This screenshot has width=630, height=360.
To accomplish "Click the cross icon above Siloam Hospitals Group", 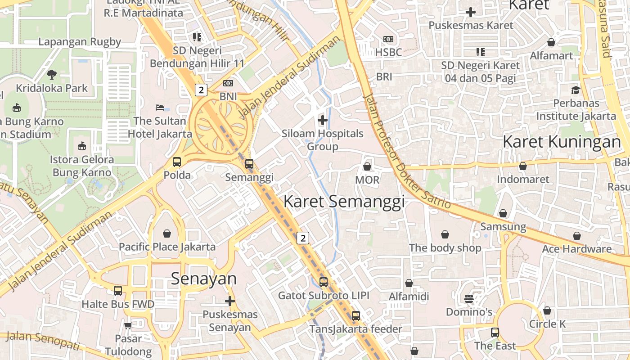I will click(323, 120).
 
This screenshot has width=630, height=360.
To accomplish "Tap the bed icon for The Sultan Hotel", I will click(160, 107).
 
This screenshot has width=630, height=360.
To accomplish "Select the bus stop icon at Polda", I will click(177, 162).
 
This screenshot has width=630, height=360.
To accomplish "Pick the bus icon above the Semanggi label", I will click(249, 163).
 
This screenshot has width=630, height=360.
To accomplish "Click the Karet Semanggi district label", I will click(344, 201).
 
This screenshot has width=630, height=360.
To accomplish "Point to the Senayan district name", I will click(203, 279).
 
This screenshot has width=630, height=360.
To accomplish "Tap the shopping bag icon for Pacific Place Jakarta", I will click(167, 233).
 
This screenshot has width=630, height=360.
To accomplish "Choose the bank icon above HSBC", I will click(388, 40).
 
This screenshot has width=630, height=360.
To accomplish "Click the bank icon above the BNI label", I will click(228, 83).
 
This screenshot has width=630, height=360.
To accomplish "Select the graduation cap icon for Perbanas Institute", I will click(576, 90).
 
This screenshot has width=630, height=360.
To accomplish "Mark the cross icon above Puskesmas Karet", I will click(471, 12).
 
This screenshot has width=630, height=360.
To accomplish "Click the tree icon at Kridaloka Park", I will click(52, 74).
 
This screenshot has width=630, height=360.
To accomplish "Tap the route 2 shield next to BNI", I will click(201, 90).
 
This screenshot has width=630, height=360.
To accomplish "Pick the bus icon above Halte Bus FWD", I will click(118, 291).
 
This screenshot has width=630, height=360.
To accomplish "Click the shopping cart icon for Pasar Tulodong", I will click(128, 325).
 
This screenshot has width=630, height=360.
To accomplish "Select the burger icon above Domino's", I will click(469, 298).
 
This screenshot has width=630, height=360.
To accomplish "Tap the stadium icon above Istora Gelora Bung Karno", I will click(81, 146).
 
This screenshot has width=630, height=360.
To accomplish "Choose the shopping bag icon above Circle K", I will click(547, 310).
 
